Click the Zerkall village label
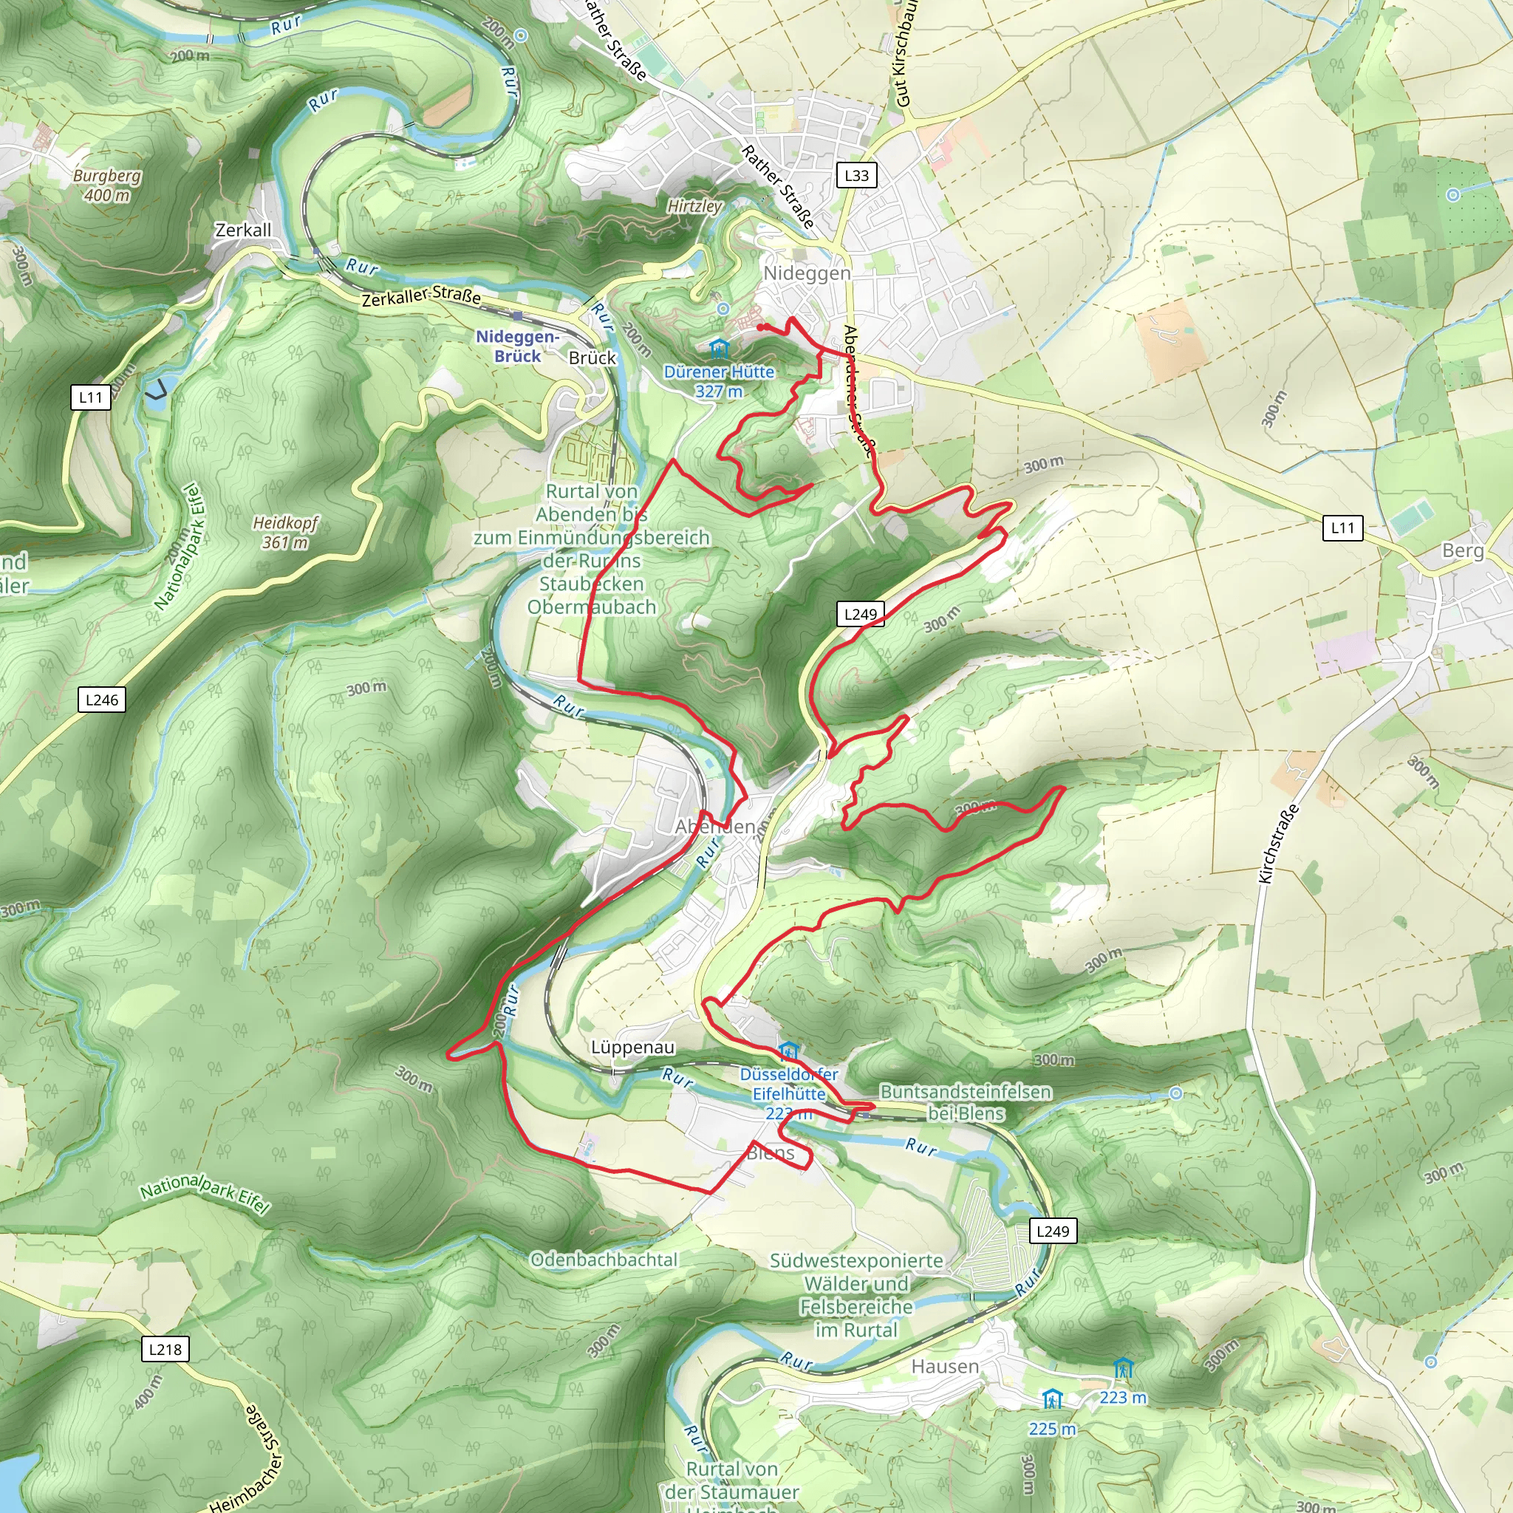(x=243, y=230)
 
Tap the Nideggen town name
(x=807, y=273)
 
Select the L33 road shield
(x=856, y=175)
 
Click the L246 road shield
(x=102, y=700)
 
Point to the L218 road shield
(x=165, y=1349)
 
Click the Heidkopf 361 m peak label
(x=285, y=533)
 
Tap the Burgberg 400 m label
(x=107, y=185)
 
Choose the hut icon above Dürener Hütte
(x=718, y=348)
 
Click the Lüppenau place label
(x=632, y=1048)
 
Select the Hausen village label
(x=945, y=1367)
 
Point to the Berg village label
(x=1462, y=550)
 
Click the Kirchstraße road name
(x=1278, y=844)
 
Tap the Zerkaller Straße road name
(x=420, y=297)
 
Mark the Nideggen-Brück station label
(x=517, y=346)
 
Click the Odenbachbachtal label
(x=604, y=1260)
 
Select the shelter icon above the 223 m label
(x=1123, y=1368)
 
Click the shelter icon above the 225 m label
(x=1052, y=1398)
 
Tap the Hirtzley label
(x=694, y=206)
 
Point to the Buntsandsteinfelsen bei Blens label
(x=966, y=1102)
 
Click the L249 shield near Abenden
(x=860, y=615)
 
